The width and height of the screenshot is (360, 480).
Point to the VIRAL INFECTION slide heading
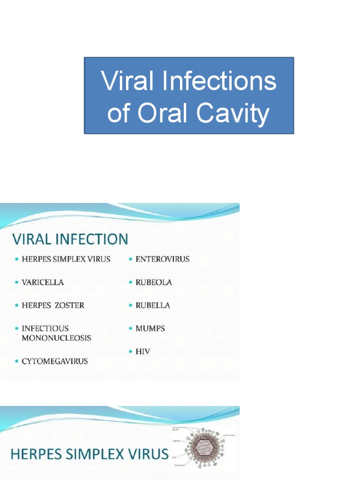point(70,240)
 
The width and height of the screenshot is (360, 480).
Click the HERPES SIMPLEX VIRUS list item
point(66,259)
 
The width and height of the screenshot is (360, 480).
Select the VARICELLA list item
point(43,283)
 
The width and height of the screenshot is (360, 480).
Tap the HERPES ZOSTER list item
point(53,306)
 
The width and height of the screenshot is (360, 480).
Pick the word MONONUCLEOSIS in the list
point(56,338)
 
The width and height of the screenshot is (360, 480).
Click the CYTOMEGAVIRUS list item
point(54,361)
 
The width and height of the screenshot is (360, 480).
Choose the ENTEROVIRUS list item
point(162,259)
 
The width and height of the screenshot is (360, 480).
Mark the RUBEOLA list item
point(154,283)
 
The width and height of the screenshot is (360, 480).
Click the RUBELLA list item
point(153,306)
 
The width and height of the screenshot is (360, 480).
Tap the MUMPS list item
point(150,329)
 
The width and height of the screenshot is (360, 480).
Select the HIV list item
point(142,351)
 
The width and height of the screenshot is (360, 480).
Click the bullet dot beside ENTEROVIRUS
point(131,259)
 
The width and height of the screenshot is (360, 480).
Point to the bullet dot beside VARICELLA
point(17,283)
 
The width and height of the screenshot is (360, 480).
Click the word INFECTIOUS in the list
point(45,329)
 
